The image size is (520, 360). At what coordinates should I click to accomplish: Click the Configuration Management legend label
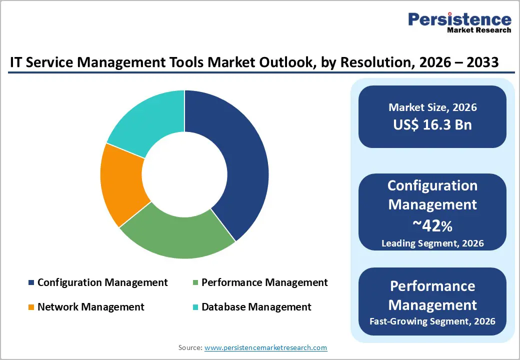tap(102, 282)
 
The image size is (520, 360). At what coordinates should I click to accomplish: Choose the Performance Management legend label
tap(264, 282)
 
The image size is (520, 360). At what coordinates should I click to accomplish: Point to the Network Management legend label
tap(90, 306)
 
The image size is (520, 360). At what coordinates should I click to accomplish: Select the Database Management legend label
tap(256, 306)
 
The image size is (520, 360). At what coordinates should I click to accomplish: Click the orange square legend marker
tap(31, 307)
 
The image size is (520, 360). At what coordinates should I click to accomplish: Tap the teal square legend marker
tap(195, 307)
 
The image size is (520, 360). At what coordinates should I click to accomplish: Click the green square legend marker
tap(195, 283)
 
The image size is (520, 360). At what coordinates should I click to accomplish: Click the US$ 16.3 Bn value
tap(432, 124)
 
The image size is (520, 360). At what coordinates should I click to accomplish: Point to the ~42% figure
tap(432, 226)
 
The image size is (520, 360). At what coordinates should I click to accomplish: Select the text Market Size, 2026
tap(432, 107)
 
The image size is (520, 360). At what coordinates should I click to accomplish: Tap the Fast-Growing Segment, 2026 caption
tap(432, 321)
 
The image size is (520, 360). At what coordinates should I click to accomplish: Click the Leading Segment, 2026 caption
tap(432, 243)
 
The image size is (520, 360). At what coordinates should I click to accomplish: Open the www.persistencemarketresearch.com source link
tap(266, 347)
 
